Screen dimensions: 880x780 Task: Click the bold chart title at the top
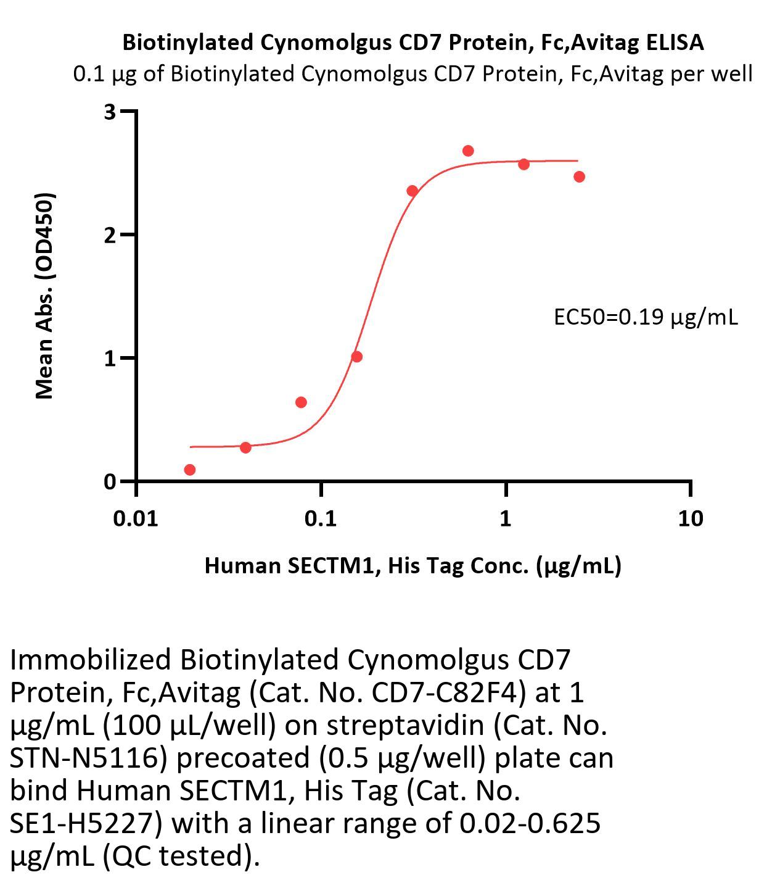pos(413,43)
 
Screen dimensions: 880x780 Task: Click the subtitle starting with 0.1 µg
pos(413,74)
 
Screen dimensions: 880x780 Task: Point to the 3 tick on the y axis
pos(110,112)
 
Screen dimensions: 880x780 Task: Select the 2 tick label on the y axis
pos(110,235)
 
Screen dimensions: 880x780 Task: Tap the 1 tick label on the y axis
pos(110,358)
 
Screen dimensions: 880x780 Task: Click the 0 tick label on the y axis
pos(110,481)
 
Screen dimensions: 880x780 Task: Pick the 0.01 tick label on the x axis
pos(136,519)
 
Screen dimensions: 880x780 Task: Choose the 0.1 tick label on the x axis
pos(321,519)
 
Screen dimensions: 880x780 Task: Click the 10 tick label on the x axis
pos(690,519)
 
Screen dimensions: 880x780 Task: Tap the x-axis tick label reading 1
pos(506,519)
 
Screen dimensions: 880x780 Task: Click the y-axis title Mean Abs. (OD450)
pos(44,296)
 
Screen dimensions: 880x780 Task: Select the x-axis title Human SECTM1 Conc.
pos(413,565)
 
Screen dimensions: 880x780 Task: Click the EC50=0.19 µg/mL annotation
pos(646,317)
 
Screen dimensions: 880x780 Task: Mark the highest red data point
pos(468,151)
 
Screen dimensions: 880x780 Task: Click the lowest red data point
pos(190,470)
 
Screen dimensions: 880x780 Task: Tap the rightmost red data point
pos(579,177)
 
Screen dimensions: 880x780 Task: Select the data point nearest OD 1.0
pos(356,357)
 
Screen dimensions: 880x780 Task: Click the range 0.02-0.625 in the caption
pos(530,823)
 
